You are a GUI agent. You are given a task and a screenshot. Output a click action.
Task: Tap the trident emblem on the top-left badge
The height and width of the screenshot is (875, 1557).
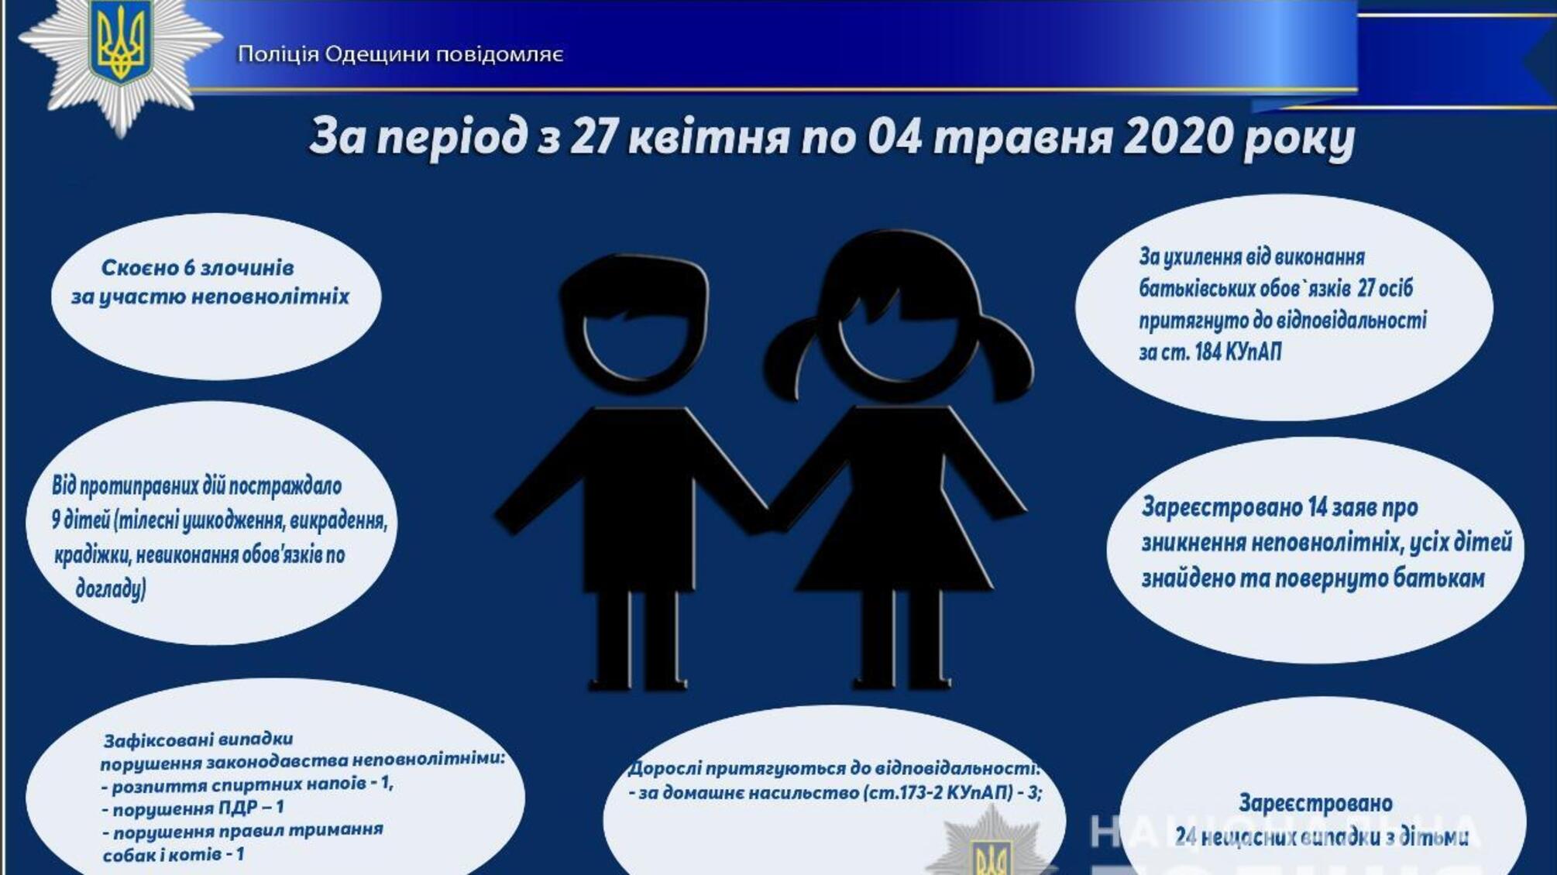[120, 43]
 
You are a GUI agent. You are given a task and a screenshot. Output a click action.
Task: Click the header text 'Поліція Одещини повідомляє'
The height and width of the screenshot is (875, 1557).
[400, 54]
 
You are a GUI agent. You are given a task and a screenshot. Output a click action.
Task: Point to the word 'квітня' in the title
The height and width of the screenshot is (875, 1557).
[708, 137]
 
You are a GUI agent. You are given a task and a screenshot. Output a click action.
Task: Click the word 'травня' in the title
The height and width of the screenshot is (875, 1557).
[1023, 137]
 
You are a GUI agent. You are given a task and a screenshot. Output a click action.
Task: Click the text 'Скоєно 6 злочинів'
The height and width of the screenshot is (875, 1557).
[198, 268]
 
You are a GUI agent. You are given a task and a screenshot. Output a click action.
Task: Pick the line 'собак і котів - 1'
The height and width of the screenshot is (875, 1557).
[174, 855]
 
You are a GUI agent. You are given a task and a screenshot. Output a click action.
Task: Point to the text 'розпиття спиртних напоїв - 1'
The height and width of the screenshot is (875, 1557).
[248, 784]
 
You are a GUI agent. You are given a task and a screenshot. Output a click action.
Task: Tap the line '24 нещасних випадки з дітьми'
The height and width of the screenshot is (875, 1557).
[1321, 837]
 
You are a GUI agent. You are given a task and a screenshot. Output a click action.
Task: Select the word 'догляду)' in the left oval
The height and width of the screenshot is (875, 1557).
[111, 588]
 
